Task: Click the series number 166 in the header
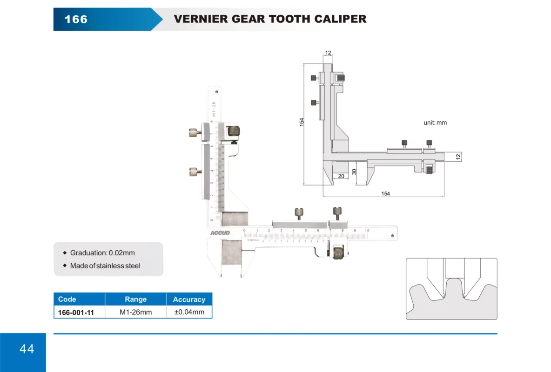(76, 19)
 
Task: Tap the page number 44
(27, 349)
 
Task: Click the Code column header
(67, 299)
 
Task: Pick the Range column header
(135, 299)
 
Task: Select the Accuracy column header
(189, 299)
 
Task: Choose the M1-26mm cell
(135, 312)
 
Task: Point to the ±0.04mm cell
(189, 312)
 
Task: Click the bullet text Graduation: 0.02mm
(102, 253)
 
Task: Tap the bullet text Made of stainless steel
(105, 266)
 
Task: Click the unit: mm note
(435, 123)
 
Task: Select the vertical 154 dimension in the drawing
(302, 122)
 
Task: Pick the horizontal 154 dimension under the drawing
(385, 194)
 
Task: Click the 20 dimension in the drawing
(341, 176)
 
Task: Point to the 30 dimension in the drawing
(354, 172)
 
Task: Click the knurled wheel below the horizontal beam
(338, 253)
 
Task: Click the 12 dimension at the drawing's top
(328, 53)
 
